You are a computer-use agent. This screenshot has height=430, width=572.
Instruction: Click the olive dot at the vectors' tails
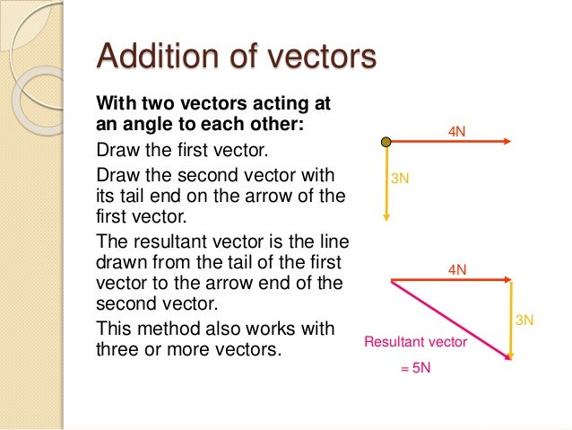pos(386,142)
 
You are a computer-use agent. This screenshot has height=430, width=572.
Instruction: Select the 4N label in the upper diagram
pos(457,132)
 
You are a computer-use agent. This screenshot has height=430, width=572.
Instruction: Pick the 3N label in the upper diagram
pos(401,179)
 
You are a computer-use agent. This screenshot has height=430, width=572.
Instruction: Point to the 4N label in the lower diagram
pos(457,269)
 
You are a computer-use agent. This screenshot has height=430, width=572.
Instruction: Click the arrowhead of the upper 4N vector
pos(507,142)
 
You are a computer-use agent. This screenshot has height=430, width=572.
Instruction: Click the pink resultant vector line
pos(448,319)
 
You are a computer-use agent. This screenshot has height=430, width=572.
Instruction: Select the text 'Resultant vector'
pos(415,342)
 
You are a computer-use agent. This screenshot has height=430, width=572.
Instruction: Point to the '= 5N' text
pos(415,368)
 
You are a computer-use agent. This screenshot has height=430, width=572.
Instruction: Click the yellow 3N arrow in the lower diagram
pos(510,319)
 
